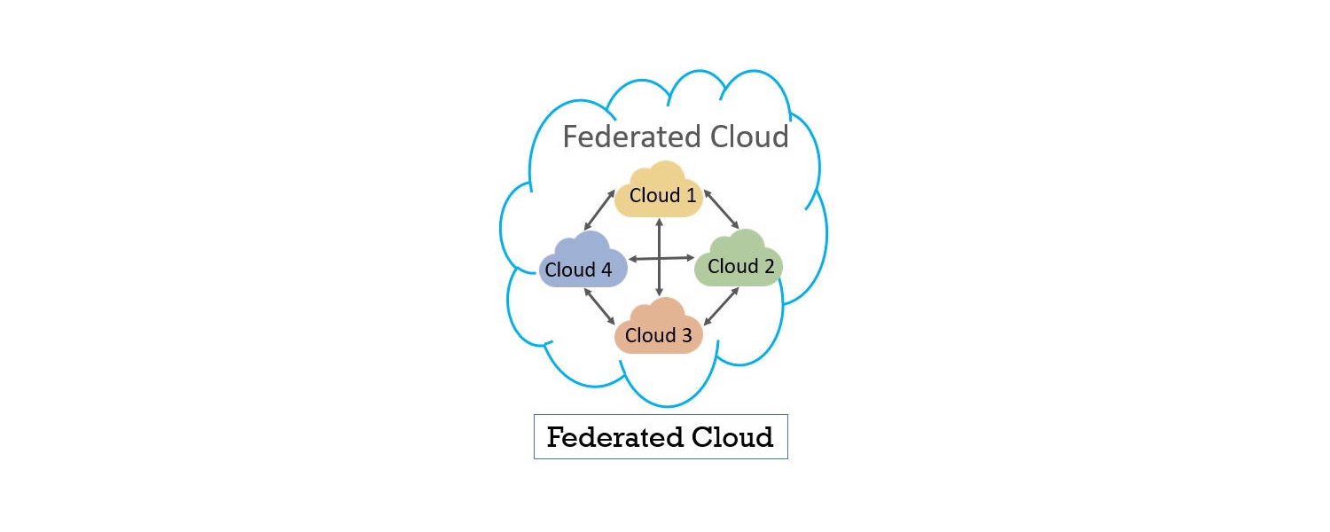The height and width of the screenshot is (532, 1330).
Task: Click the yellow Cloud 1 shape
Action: [659, 190]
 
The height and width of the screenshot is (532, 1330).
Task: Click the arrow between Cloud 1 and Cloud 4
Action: [599, 209]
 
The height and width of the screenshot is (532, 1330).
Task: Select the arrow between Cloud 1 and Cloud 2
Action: [722, 209]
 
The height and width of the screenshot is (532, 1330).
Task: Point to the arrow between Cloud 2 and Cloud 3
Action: [722, 307]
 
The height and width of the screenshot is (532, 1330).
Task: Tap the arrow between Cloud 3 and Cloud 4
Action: [599, 307]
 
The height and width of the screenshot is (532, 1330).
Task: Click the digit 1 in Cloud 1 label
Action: [691, 195]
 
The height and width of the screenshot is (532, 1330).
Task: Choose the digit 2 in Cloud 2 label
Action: [769, 267]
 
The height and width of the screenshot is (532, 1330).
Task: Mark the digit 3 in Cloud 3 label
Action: [686, 335]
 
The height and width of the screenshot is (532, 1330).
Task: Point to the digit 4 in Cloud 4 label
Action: [606, 270]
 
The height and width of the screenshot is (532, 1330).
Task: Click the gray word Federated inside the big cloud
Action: [632, 137]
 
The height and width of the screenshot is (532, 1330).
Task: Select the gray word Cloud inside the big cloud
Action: [749, 137]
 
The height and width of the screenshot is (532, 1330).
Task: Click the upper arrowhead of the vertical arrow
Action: [659, 223]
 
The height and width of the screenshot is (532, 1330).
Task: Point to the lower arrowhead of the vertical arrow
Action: [659, 291]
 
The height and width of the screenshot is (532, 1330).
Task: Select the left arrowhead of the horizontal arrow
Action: [634, 260]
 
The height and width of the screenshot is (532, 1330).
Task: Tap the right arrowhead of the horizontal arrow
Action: [689, 258]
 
